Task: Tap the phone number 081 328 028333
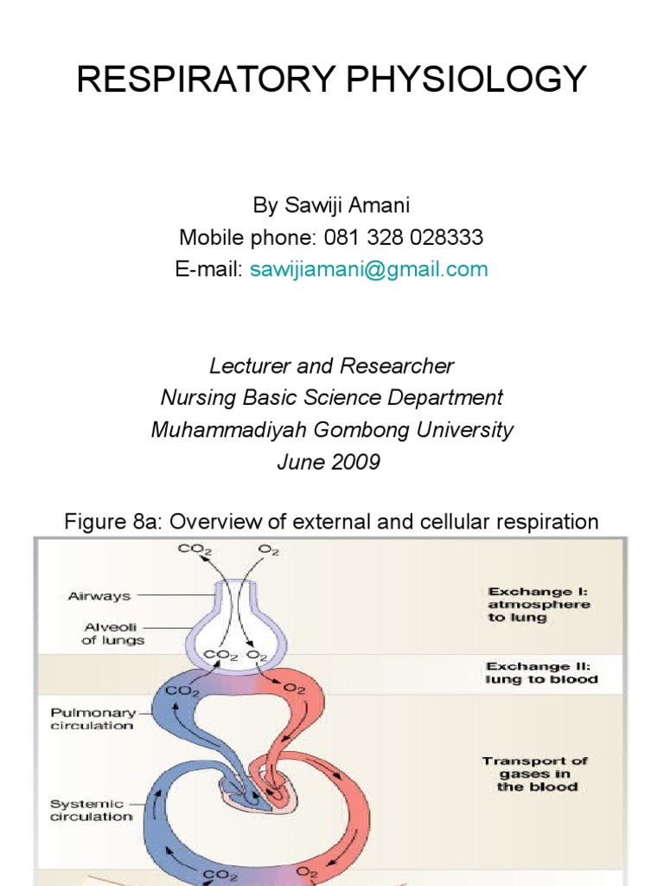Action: click(x=403, y=237)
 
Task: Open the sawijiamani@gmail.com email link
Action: click(x=369, y=269)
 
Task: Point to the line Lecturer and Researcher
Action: click(x=331, y=366)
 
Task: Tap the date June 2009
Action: click(x=328, y=461)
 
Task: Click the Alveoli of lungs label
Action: click(x=113, y=633)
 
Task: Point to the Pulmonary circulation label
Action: click(x=93, y=719)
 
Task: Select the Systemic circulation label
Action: click(x=92, y=810)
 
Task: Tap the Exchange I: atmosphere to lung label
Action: click(x=538, y=605)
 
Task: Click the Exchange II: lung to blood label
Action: click(x=541, y=672)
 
